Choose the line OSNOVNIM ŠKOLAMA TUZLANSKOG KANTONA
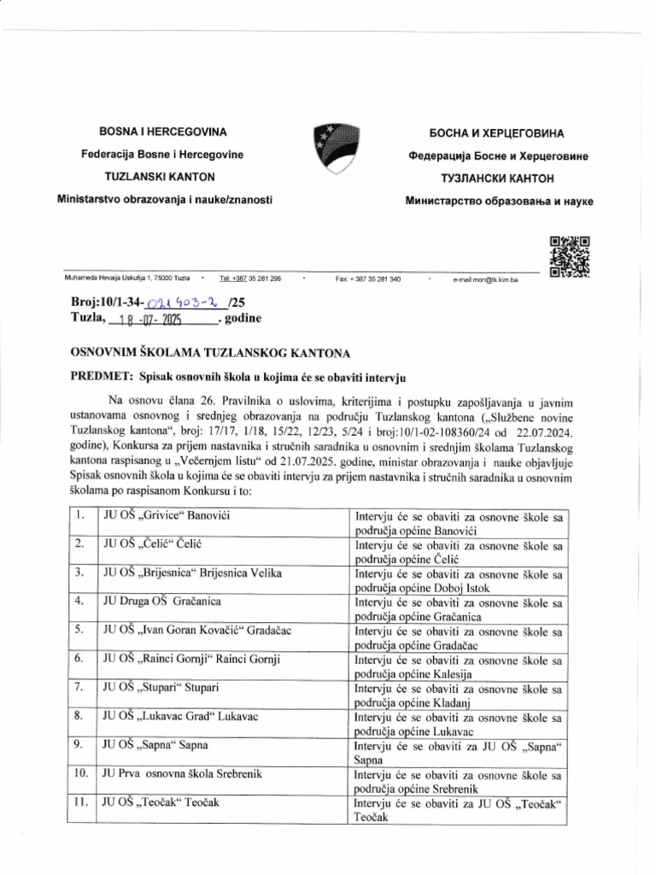[x=202, y=352]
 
